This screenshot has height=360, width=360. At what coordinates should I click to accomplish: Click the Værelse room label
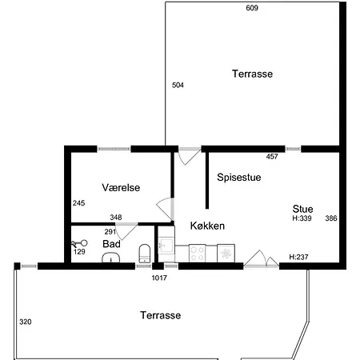[121, 187]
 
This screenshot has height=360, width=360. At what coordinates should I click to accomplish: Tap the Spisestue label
[239, 178]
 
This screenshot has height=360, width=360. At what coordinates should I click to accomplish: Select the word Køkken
[207, 226]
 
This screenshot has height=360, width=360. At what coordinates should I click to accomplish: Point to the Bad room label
[111, 244]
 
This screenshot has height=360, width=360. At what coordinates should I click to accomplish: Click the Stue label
[302, 209]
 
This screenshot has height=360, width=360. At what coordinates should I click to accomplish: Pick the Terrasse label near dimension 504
[252, 74]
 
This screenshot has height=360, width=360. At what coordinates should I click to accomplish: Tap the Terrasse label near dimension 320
[161, 315]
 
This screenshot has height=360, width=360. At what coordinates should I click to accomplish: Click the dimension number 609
[252, 8]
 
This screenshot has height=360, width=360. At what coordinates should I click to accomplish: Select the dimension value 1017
[159, 278]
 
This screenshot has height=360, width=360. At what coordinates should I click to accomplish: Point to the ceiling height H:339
[302, 218]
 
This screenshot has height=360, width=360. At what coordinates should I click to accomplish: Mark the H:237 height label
[298, 257]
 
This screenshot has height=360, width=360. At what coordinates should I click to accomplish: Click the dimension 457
[272, 157]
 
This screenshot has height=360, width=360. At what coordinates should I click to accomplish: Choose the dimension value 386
[331, 218]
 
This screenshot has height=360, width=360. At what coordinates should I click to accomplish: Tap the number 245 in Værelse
[79, 203]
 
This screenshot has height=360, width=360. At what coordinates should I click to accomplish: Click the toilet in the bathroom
[145, 254]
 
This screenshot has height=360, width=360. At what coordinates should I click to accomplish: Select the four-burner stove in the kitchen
[198, 254]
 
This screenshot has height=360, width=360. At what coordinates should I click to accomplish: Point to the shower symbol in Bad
[79, 243]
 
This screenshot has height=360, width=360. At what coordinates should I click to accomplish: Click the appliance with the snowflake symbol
[226, 254]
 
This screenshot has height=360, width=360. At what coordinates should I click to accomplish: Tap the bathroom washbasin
[111, 258]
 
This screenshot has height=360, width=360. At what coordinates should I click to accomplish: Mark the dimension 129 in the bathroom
[79, 251]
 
